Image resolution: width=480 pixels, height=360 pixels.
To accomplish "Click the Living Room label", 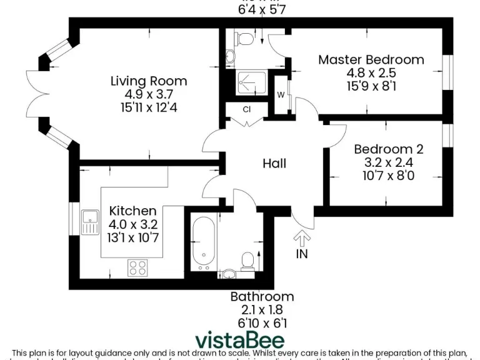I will pos(148,81).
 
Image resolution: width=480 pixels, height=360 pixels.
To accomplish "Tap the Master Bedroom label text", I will pos(371,60).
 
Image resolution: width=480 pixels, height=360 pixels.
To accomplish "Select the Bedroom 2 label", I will pos(388,149).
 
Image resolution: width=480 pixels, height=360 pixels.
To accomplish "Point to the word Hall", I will pos(274,163).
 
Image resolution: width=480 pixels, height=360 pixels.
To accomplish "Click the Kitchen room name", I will pos(132,211).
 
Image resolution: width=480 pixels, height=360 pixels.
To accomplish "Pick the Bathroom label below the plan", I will pos(262,296).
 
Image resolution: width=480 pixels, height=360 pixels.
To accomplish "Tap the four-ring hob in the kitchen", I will pos(137,267).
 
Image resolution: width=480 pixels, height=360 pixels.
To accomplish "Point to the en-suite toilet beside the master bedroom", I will pos(245,39).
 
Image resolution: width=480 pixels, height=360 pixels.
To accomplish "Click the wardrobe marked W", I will pos(281,95).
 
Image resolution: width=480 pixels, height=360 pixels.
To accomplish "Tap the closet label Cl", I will pos(246,110).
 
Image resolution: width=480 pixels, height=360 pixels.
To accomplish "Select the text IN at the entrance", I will pos(302,254).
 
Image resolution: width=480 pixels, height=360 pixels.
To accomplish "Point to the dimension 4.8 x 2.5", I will pos(371,73).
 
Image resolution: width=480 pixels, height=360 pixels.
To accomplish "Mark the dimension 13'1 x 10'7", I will pos(132,237).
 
